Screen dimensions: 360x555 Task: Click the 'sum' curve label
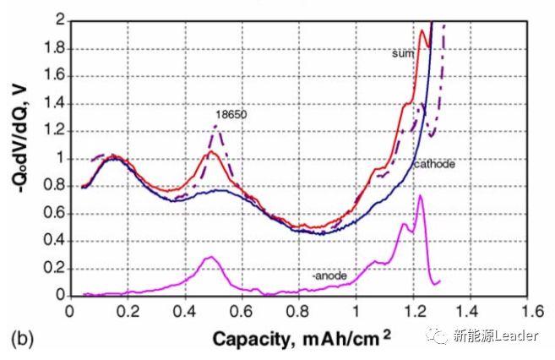pos(401,53)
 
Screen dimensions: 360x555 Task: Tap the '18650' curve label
pos(229,112)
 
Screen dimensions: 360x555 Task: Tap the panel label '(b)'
pos(20,340)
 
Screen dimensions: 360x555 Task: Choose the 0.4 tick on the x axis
pos(183,310)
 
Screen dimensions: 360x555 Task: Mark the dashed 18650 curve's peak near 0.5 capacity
pos(216,126)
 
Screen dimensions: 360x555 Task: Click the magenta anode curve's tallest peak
pos(420,195)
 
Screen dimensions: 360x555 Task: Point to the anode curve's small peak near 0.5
pos(210,257)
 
